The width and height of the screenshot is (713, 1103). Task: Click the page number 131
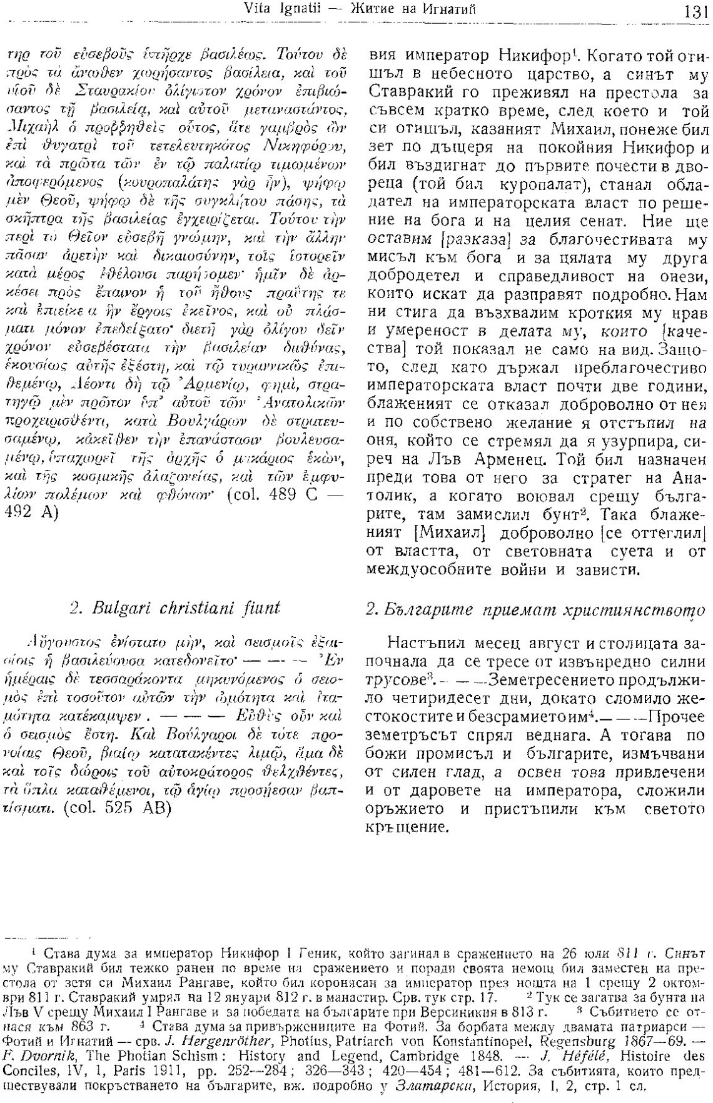point(696,10)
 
